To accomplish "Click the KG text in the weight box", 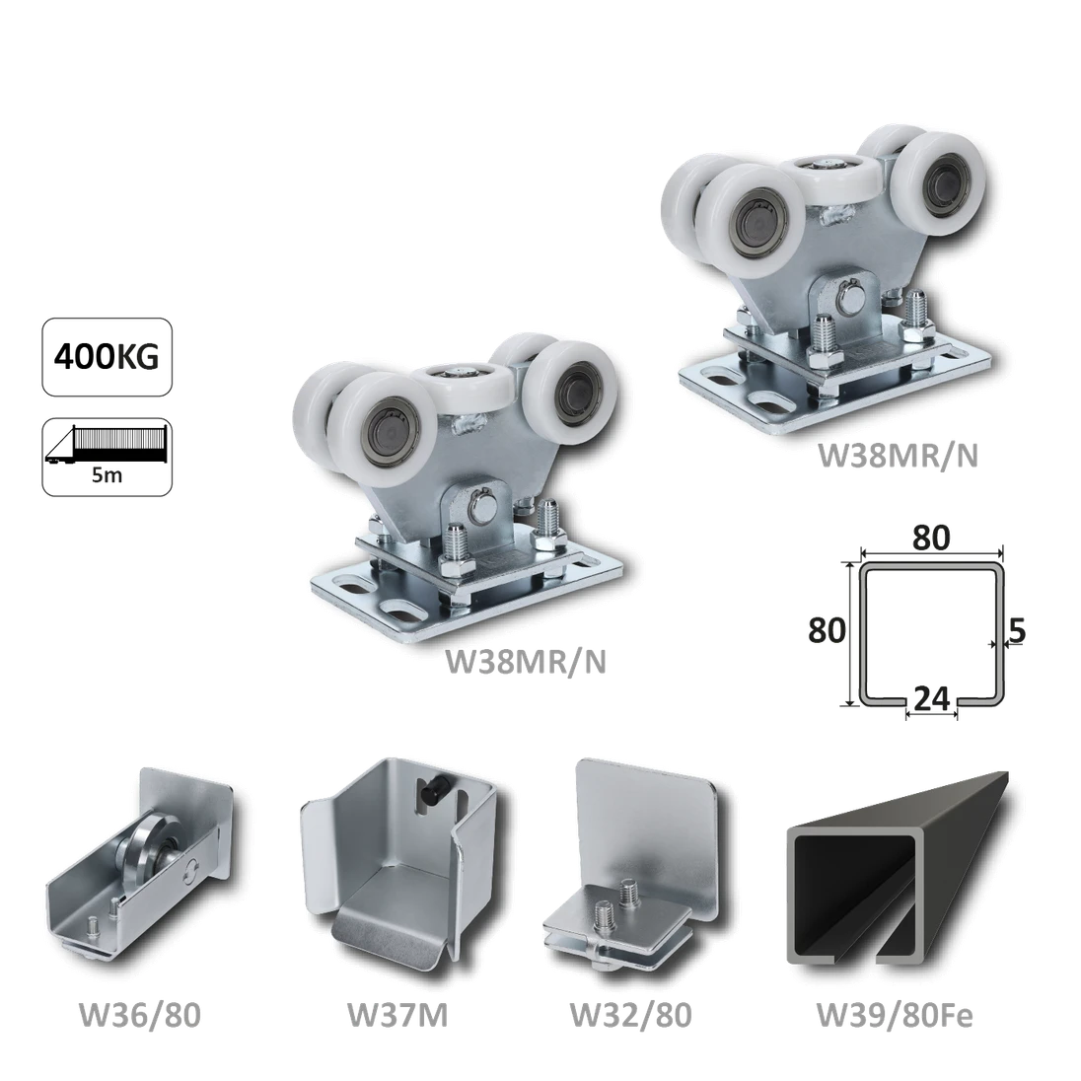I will pos(136,357).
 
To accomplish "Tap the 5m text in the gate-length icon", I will pos(107,476).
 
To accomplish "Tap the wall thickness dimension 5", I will pos(1016,631).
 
